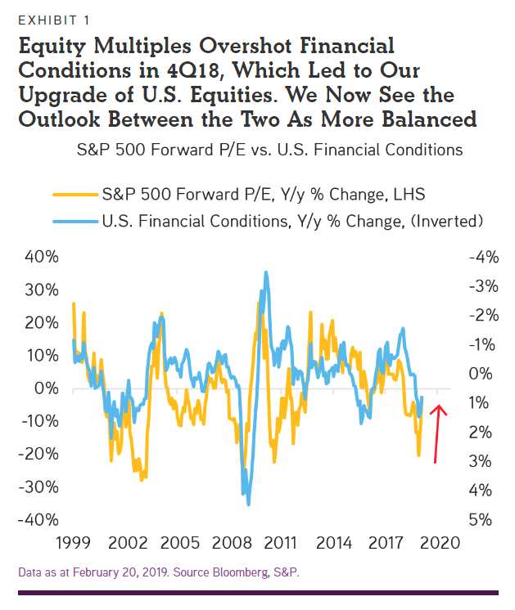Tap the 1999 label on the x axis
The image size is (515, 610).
pos(73,543)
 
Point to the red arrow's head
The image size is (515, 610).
pos(439,408)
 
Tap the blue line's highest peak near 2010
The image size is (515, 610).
pos(266,272)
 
